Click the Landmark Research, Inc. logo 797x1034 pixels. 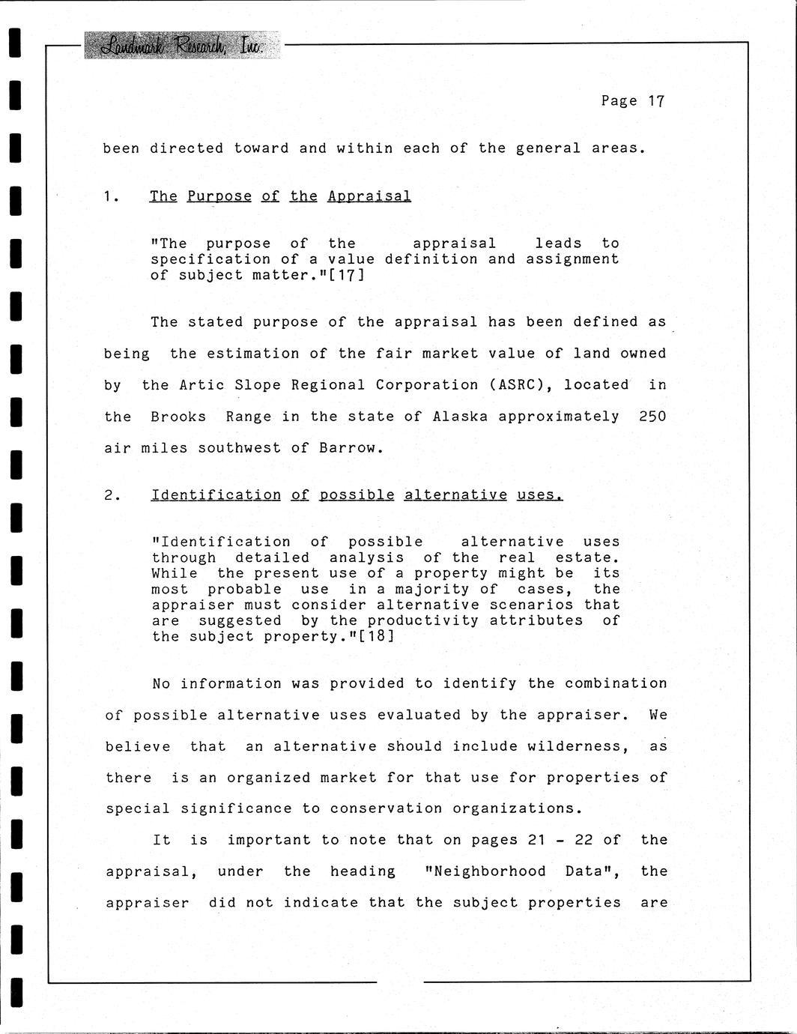point(182,46)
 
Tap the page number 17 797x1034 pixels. point(656,101)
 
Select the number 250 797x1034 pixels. point(652,417)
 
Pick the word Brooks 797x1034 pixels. point(178,417)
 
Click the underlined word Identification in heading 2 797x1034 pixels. point(216,495)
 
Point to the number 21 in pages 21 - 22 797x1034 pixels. point(537,840)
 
